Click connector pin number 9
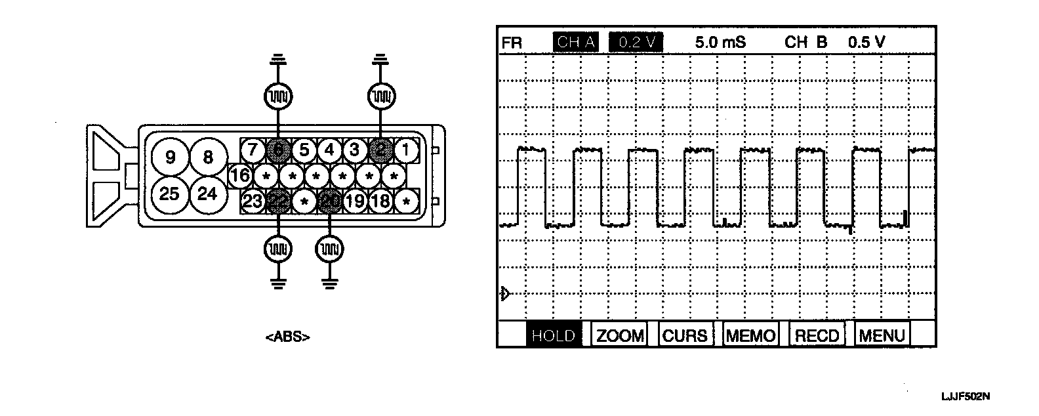pyautogui.click(x=171, y=157)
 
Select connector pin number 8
pyautogui.click(x=208, y=157)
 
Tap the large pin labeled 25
pyautogui.click(x=170, y=194)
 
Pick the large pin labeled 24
pyautogui.click(x=208, y=194)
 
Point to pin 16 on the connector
pyautogui.click(x=240, y=176)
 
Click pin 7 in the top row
pyautogui.click(x=253, y=151)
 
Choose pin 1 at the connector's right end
pyautogui.click(x=407, y=151)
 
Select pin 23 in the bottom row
pyautogui.click(x=253, y=201)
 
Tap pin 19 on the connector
pyautogui.click(x=356, y=201)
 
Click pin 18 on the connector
pyautogui.click(x=381, y=201)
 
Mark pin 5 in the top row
pyautogui.click(x=304, y=151)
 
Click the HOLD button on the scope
pyautogui.click(x=553, y=336)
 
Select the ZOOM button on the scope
pyautogui.click(x=619, y=336)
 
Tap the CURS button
pyautogui.click(x=685, y=336)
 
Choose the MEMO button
pyautogui.click(x=750, y=336)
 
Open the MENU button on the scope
pyautogui.click(x=882, y=336)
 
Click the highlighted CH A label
pyautogui.click(x=575, y=43)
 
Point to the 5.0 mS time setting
pyautogui.click(x=720, y=43)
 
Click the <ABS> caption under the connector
pyautogui.click(x=288, y=338)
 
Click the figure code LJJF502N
pyautogui.click(x=965, y=397)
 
